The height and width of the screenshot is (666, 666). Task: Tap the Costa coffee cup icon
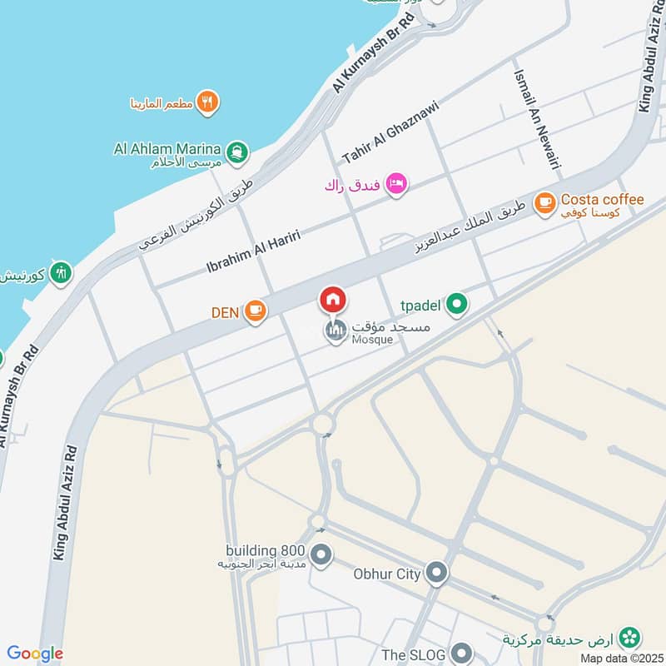545,202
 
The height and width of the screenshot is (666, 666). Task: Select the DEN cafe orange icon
256,311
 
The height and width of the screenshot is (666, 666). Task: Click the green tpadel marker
455,305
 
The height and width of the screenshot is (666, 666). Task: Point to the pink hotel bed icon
396,183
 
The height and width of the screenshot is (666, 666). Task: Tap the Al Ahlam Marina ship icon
237,152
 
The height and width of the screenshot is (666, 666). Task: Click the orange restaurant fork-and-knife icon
208,102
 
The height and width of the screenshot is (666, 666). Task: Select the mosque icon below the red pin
335,332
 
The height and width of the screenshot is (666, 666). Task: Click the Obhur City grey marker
436,573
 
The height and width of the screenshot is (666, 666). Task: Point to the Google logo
35,654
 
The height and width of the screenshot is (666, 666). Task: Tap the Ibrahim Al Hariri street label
253,251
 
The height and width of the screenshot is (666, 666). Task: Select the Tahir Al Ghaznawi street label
390,132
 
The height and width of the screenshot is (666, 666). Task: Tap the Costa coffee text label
602,200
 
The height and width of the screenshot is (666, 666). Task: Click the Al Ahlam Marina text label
166,150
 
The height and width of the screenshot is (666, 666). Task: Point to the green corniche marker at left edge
60,272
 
